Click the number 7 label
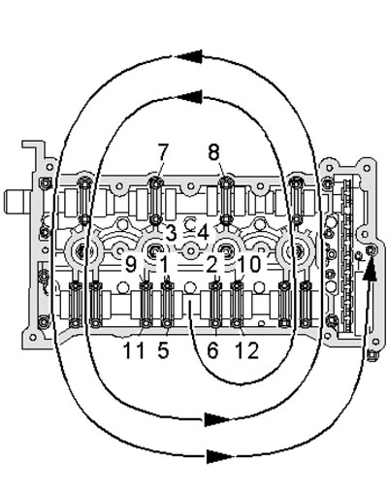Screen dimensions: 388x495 (x=163, y=151)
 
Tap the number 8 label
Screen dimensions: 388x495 (x=213, y=151)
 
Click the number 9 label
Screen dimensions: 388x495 (x=131, y=265)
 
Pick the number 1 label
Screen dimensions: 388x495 (x=164, y=265)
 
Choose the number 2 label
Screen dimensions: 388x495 (x=211, y=265)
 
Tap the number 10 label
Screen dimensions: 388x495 (x=249, y=265)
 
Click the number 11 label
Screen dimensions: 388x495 (x=134, y=350)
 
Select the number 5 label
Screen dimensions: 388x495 (x=163, y=350)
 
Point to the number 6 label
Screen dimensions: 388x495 (x=212, y=350)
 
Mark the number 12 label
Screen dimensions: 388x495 (x=247, y=350)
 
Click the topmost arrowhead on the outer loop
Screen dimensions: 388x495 (x=189, y=56)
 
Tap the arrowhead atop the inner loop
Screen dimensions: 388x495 (x=189, y=97)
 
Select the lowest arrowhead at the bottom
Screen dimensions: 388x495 (x=219, y=456)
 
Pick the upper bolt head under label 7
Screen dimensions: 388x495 (x=156, y=183)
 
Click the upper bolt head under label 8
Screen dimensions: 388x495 (x=227, y=183)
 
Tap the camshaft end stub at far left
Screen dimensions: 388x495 (x=17, y=202)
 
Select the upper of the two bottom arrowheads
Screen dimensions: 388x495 (x=217, y=419)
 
